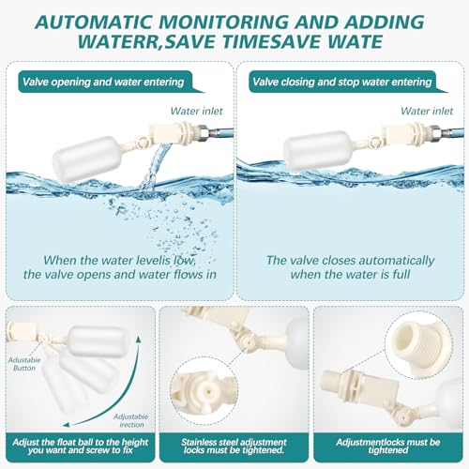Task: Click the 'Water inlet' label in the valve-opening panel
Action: (196, 111)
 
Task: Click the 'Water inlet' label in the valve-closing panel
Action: (427, 111)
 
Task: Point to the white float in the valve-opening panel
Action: (87, 159)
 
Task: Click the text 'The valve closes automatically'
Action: (350, 260)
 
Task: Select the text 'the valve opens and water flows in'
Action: (120, 275)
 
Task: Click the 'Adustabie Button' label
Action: (24, 364)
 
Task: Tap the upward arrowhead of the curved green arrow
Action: (139, 340)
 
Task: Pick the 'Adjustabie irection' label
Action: (131, 420)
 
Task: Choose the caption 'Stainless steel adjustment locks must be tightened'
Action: (234, 446)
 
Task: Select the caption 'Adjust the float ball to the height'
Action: (81, 442)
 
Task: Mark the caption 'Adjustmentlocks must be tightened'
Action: (388, 446)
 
